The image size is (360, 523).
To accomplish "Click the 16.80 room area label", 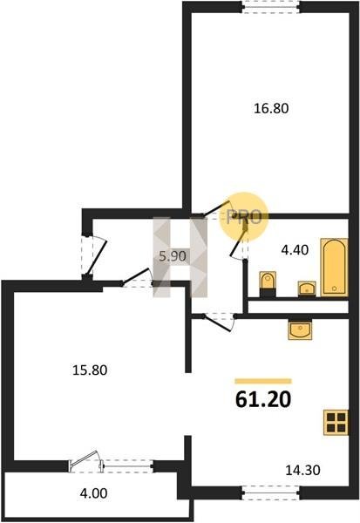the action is coord(271,108).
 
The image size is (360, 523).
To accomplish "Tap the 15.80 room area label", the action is coord(90,370).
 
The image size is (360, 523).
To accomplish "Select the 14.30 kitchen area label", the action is coord(302,470).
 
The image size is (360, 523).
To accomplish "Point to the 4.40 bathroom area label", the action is coord(295,250).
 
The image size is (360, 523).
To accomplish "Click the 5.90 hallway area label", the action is coord(173,256).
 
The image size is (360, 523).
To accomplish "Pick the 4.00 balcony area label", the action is coord(94,493).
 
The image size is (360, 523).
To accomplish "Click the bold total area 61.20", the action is coord(263,399).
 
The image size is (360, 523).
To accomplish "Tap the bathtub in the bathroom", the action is coord(334,268).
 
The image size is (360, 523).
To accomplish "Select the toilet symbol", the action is coord(268,284).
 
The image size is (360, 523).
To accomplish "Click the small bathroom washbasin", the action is coord(307,289).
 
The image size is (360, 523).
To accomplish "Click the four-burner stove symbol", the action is coord(336,423).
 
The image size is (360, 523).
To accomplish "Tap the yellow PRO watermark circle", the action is coord(244,217).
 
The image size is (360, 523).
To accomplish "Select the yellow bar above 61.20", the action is coord(263,381).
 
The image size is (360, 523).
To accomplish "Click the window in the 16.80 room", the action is coord(270,7).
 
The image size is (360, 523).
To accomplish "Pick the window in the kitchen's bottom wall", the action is coord(270,493).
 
